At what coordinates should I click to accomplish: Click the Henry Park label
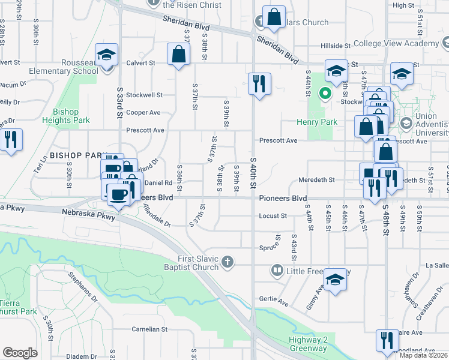point(317,122)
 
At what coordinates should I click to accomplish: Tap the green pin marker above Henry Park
point(325,94)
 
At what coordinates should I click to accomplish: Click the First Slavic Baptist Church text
point(193,262)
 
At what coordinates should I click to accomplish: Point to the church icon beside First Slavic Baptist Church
point(226,261)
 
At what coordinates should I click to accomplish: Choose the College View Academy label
point(396,43)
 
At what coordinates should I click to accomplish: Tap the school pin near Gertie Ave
point(336,279)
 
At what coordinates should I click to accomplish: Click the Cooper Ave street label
point(143,112)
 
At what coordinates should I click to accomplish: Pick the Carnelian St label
point(149,329)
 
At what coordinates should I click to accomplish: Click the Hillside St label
point(335,46)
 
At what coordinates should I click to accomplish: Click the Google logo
point(20,353)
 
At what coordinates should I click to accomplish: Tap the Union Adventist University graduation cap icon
point(405,123)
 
